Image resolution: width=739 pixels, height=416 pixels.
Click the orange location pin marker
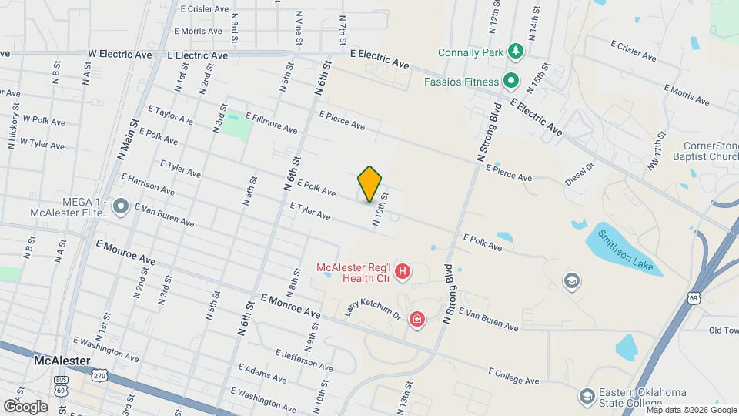[x=370, y=184]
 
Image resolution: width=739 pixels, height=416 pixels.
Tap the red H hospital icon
[x=402, y=271]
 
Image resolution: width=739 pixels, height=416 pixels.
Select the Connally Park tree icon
[x=514, y=52]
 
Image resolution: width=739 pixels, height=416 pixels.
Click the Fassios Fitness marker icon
[x=510, y=80]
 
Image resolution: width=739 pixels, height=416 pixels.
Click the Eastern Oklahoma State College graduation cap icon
[x=587, y=396]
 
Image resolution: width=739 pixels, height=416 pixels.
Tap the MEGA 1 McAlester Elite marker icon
[x=120, y=206]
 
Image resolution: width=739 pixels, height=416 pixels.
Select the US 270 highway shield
[x=99, y=375]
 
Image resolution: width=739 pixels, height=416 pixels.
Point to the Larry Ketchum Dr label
[x=373, y=310]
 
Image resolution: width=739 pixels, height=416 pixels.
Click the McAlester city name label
[x=64, y=361]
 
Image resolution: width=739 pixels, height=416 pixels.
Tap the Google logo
[x=25, y=406]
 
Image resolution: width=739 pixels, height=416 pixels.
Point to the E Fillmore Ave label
[x=271, y=122]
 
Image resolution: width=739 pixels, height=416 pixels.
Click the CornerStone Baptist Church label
[x=711, y=153]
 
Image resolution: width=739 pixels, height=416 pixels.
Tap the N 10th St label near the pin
[x=379, y=210]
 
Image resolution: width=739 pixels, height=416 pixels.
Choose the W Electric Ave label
[x=120, y=55]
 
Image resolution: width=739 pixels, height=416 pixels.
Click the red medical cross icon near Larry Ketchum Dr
[x=417, y=318]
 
